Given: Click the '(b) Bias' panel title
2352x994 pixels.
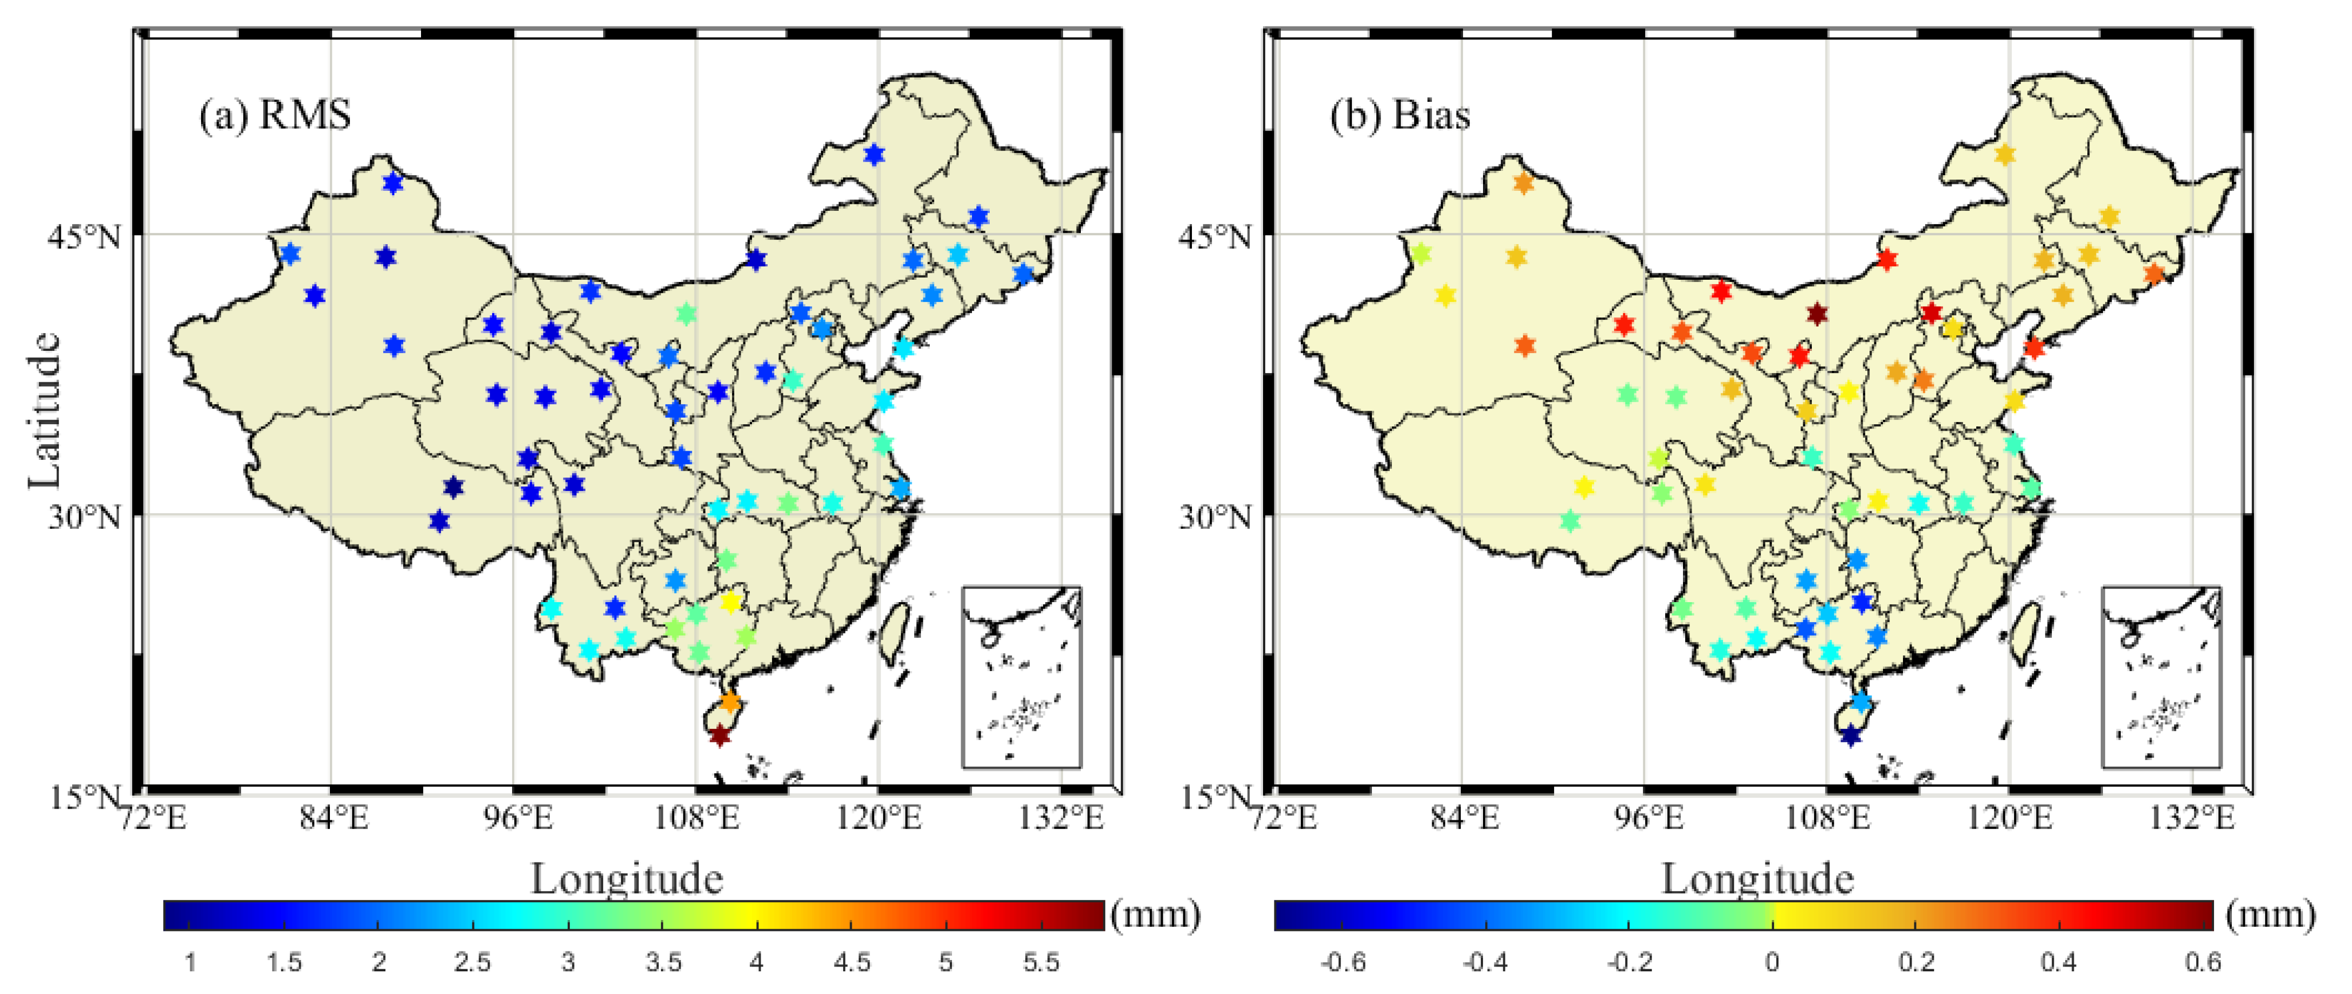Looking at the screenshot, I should click(1399, 116).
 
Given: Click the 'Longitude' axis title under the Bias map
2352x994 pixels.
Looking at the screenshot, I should click(1757, 879).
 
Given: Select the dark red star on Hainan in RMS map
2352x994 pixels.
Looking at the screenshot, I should click(720, 735).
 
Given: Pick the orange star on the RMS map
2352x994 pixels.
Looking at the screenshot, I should click(729, 702).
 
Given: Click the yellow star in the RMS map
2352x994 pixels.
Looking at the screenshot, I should click(729, 602).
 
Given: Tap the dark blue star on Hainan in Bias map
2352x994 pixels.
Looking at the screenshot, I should click(1850, 735).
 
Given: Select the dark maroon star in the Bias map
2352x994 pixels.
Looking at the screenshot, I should click(1817, 314).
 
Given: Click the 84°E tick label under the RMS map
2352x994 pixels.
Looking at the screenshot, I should click(334, 818).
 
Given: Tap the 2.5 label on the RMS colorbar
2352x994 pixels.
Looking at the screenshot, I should click(472, 962).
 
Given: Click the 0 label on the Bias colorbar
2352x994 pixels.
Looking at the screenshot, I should click(1771, 962).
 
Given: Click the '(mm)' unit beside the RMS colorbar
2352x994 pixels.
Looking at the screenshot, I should click(1155, 915).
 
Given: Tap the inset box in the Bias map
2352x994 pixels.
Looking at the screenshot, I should click(2161, 677).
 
